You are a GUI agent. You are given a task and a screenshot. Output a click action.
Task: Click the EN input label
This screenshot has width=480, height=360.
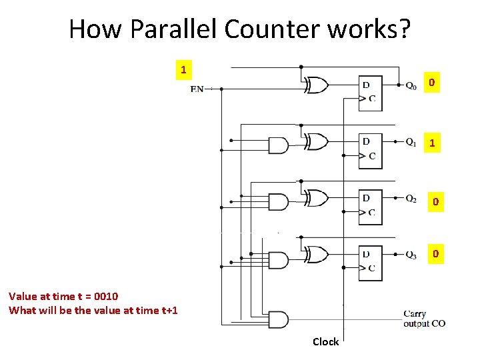point(197,89)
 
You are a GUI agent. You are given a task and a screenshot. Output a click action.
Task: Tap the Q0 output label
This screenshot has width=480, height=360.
point(412,85)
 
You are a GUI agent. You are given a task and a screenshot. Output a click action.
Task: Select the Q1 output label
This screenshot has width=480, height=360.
point(412,142)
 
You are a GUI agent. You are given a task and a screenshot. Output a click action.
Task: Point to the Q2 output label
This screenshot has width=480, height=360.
point(412,199)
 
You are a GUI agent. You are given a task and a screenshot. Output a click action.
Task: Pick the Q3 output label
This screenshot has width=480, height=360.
point(412,255)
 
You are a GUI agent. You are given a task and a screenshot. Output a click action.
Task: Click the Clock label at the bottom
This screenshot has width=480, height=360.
point(326,342)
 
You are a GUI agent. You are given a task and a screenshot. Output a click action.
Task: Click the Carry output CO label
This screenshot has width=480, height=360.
point(424,319)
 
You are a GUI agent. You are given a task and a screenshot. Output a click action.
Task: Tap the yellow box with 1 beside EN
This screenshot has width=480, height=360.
point(183,69)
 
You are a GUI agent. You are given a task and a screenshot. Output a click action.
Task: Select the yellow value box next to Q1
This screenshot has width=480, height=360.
point(433,143)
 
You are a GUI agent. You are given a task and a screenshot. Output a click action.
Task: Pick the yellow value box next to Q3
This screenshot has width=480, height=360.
point(435,254)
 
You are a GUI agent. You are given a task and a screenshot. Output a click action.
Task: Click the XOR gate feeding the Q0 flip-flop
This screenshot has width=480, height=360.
point(316,85)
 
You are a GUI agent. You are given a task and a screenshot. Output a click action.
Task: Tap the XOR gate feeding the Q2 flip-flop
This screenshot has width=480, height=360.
point(316,198)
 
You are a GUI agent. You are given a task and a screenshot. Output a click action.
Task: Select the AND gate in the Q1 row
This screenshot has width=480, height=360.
point(277,145)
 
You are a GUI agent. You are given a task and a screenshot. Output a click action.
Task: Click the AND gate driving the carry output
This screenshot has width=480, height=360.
point(277,319)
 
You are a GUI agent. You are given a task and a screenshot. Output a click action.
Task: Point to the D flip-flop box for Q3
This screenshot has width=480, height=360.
point(370,261)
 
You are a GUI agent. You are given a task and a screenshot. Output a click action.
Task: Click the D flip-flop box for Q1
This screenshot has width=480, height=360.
point(370,149)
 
